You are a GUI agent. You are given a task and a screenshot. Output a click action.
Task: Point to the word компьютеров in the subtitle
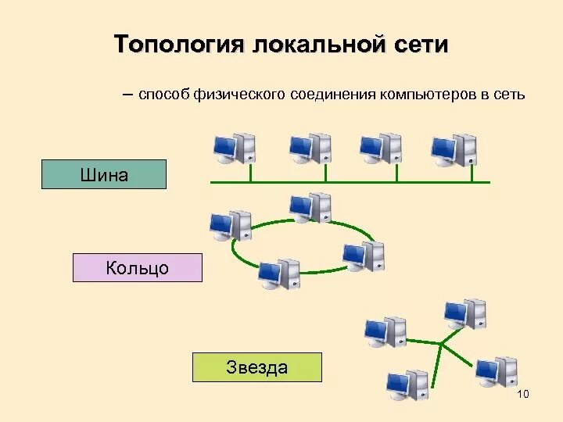point(427,95)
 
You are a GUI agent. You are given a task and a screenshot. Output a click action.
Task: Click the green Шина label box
point(104,174)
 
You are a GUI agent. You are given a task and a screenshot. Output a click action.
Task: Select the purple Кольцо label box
point(138,268)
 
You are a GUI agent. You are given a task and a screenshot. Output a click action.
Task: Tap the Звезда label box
point(257,367)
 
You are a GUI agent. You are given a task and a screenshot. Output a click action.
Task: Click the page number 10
point(523,394)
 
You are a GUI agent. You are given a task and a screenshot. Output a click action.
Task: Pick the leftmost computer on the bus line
point(235,148)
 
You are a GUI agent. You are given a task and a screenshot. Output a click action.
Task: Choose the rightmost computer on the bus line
point(454,148)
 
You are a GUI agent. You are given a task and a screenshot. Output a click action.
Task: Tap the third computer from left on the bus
point(381,148)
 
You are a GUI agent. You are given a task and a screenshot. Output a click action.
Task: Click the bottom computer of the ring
point(279,273)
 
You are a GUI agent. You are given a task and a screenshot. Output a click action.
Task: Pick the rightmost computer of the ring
point(364,256)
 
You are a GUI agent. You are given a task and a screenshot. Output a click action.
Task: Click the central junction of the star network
point(442,344)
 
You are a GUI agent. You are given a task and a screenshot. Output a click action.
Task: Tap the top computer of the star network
point(465,313)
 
